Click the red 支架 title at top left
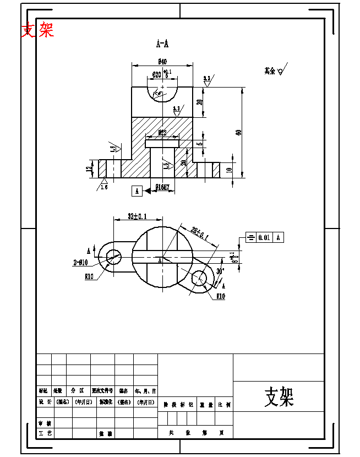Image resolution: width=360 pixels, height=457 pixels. pyautogui.click(x=37, y=30)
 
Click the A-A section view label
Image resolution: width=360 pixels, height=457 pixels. pyautogui.click(x=162, y=43)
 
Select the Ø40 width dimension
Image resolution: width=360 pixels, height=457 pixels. pyautogui.click(x=162, y=62)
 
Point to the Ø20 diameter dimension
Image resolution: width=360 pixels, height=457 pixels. pyautogui.click(x=160, y=74)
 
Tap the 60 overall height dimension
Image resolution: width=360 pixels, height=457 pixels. pyautogui.click(x=238, y=132)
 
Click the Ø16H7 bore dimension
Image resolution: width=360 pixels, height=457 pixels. pyautogui.click(x=162, y=187)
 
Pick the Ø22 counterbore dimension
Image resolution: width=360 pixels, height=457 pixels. pyautogui.click(x=162, y=133)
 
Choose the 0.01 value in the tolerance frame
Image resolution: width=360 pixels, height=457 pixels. pyautogui.click(x=264, y=237)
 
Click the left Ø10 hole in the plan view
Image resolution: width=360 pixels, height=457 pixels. pyautogui.click(x=114, y=255)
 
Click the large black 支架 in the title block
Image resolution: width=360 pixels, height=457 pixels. pyautogui.click(x=279, y=396)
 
